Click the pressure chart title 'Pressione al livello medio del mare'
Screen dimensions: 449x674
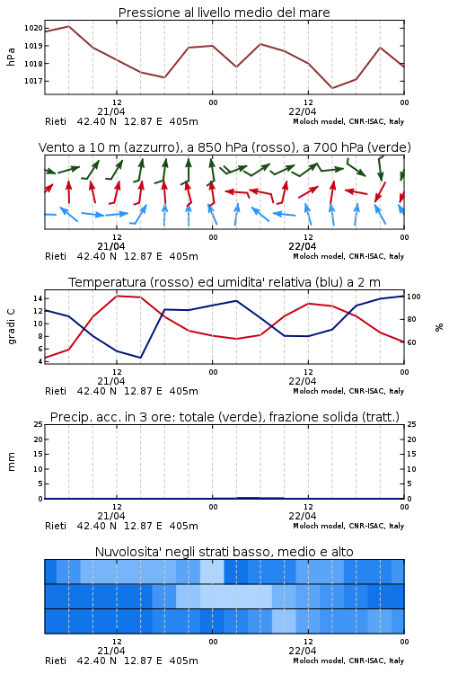[224, 13]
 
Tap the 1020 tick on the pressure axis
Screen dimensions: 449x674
[33, 29]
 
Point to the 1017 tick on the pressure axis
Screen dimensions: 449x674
[33, 81]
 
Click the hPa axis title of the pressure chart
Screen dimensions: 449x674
[11, 57]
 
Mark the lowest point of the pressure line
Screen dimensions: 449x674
[332, 88]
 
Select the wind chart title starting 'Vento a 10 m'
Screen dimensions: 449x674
[224, 147]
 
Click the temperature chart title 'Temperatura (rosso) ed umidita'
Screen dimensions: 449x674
[224, 282]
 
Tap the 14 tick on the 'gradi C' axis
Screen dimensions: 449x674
[38, 298]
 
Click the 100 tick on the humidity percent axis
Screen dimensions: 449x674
[414, 297]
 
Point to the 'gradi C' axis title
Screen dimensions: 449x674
[11, 326]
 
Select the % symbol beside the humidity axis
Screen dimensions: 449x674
[439, 327]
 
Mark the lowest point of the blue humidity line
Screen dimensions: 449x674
[140, 358]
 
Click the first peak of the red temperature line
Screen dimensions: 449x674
[117, 296]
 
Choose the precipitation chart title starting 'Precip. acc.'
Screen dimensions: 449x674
[224, 417]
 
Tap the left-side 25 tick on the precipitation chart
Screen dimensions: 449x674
[39, 424]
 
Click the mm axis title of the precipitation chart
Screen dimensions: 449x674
[11, 462]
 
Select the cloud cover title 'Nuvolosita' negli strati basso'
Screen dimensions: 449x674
[224, 552]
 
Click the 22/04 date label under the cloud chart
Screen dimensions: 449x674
[303, 651]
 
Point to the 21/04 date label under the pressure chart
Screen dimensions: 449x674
[111, 111]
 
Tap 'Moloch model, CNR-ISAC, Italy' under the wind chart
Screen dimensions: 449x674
[348, 256]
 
